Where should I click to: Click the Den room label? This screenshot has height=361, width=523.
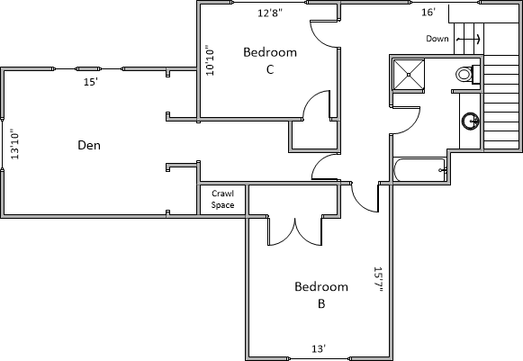89,146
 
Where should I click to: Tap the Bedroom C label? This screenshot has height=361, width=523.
270,60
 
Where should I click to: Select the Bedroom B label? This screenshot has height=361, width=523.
321,295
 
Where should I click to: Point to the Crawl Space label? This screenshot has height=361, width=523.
223,199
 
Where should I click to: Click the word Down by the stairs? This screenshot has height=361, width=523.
437,39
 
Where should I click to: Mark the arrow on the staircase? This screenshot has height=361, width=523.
468,39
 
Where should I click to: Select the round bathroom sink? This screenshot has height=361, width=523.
470,121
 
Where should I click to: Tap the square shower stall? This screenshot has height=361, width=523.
409,75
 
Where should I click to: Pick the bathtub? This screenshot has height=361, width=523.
420,169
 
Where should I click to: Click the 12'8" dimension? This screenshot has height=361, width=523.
270,13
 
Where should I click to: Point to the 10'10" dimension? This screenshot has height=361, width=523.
210,60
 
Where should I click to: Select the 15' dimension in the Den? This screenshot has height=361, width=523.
90,82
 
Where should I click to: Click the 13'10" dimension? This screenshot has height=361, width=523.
15,144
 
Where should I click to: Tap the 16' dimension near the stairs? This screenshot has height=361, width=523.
428,13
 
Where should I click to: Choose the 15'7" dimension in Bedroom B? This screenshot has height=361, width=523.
378,279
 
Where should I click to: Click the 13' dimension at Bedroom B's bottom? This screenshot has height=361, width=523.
319,349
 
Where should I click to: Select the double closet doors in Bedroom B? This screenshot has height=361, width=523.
295,231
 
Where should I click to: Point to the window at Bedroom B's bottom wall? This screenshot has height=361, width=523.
319,358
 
